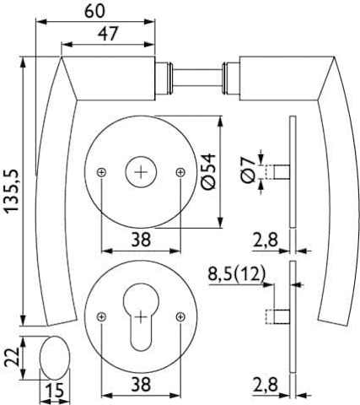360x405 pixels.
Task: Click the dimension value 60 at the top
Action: point(94,11)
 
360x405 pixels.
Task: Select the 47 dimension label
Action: point(108,34)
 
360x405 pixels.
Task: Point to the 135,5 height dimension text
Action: point(12,191)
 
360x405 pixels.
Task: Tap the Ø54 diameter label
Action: point(208,171)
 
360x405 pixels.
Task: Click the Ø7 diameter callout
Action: point(248,170)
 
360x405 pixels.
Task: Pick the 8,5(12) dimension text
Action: point(237,274)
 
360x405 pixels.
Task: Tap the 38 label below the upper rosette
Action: point(141,240)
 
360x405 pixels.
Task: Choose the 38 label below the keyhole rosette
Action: point(141,384)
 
